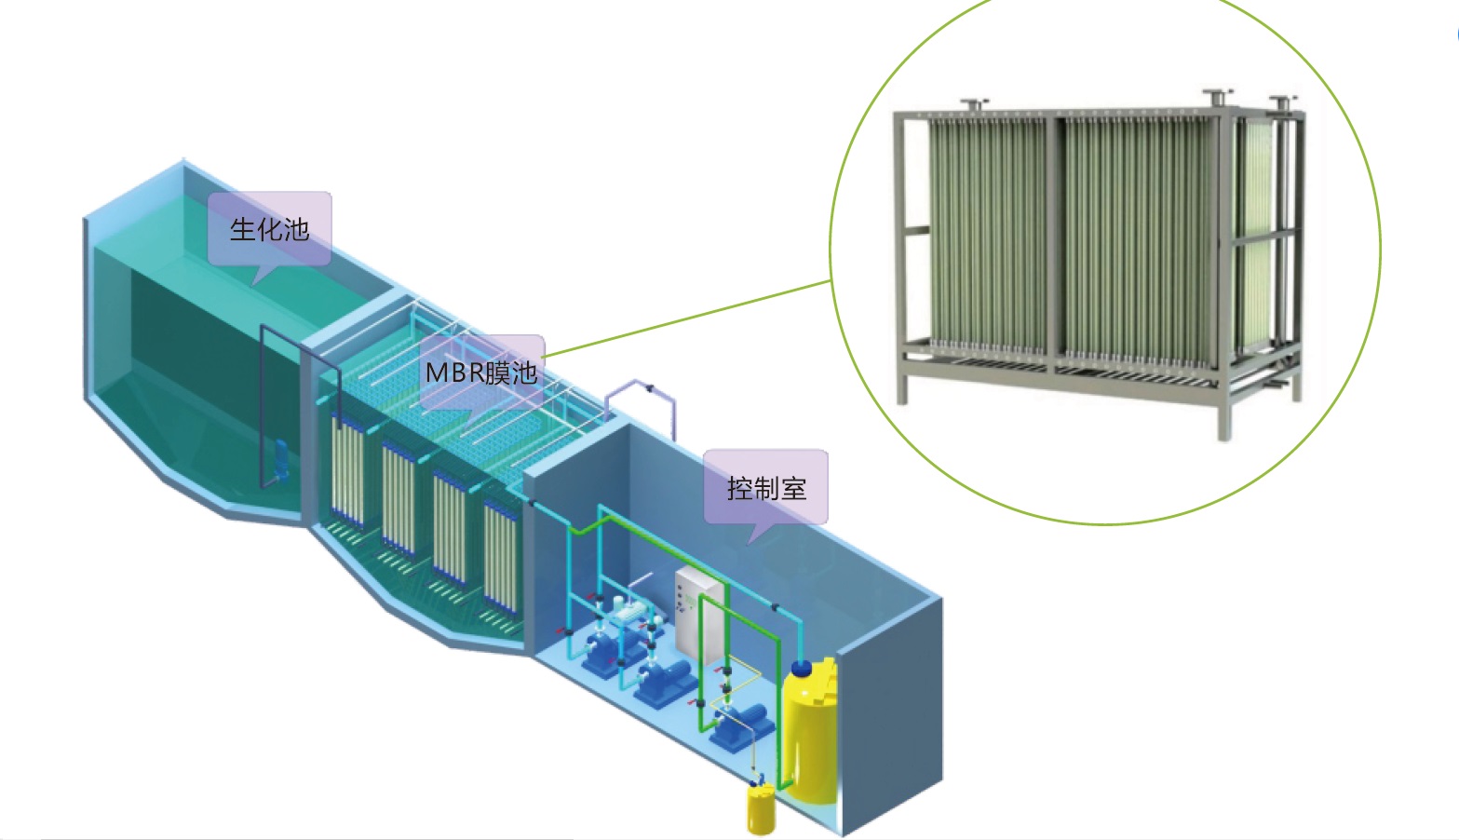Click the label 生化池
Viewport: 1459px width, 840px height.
tap(269, 229)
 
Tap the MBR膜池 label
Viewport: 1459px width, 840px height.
tap(480, 373)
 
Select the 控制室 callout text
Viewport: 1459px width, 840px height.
tap(766, 488)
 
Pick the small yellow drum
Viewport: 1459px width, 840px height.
tap(761, 811)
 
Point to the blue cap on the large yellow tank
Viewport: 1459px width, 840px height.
tap(801, 668)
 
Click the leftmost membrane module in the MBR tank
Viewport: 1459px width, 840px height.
tap(347, 470)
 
